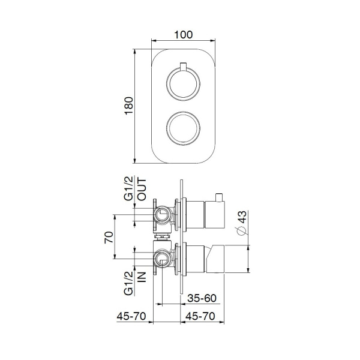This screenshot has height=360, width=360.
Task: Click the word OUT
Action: [x=142, y=188]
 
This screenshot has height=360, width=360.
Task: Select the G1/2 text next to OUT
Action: [x=128, y=188]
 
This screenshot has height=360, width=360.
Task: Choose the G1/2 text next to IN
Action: [x=128, y=281]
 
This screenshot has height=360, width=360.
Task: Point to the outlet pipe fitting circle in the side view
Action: [x=162, y=214]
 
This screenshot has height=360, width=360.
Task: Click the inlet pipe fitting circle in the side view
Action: [x=162, y=259]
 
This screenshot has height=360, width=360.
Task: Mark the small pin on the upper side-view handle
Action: [x=220, y=197]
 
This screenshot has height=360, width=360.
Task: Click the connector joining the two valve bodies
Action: [x=162, y=236]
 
